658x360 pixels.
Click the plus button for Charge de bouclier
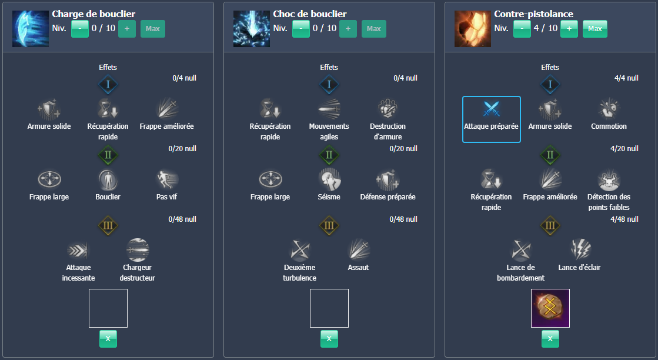click(127, 29)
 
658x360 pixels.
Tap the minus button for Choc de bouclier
click(301, 29)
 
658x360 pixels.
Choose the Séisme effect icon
click(329, 179)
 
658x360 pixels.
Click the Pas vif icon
click(166, 179)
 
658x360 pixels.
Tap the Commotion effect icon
click(609, 109)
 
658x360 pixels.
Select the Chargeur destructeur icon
click(138, 249)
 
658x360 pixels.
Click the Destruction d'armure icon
click(388, 109)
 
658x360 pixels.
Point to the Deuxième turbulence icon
click(300, 249)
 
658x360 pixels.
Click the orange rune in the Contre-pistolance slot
click(550, 308)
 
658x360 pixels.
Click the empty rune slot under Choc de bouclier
click(329, 308)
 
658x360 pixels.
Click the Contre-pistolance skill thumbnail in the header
click(473, 28)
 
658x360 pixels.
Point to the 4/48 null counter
click(624, 219)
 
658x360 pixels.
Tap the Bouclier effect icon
click(108, 179)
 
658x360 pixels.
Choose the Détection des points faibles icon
click(609, 179)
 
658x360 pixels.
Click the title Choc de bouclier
click(310, 14)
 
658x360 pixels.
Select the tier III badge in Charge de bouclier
click(108, 225)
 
